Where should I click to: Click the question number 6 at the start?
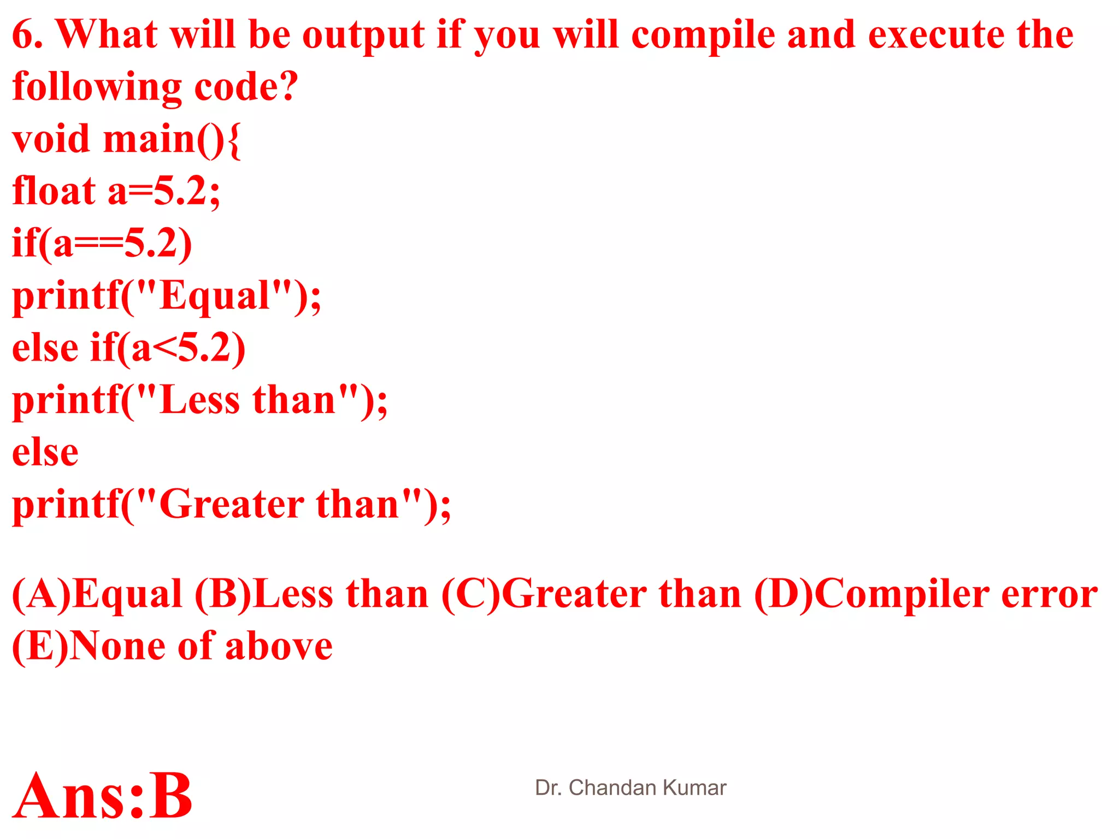coord(23,35)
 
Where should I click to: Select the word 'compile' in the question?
coord(703,35)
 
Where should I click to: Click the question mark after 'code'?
coord(288,86)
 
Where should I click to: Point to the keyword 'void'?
coord(50,139)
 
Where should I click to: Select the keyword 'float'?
coord(54,191)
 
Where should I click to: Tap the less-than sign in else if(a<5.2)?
coord(164,348)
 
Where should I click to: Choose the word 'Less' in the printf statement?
coord(199,400)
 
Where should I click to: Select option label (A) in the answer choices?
coord(42,594)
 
